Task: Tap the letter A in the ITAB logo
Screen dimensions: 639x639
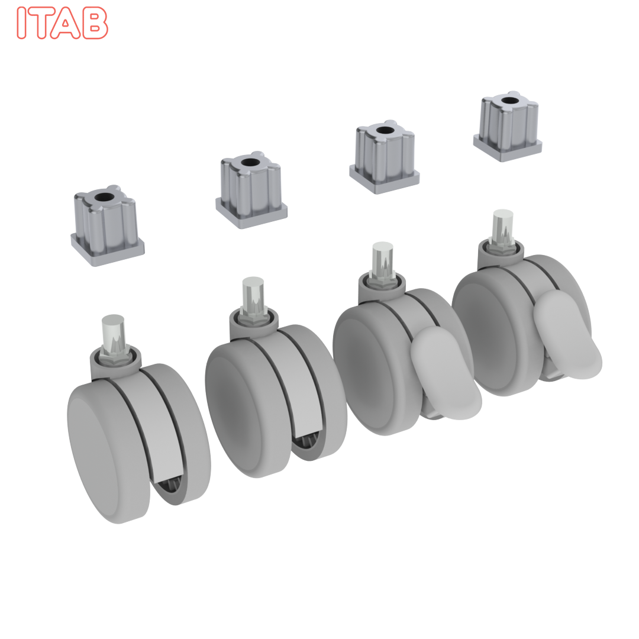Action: (x=65, y=23)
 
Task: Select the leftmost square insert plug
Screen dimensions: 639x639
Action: (x=107, y=225)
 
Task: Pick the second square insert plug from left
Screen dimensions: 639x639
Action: (x=251, y=190)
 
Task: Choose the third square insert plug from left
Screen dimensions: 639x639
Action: (x=385, y=157)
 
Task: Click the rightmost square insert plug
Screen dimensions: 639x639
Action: (x=508, y=127)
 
